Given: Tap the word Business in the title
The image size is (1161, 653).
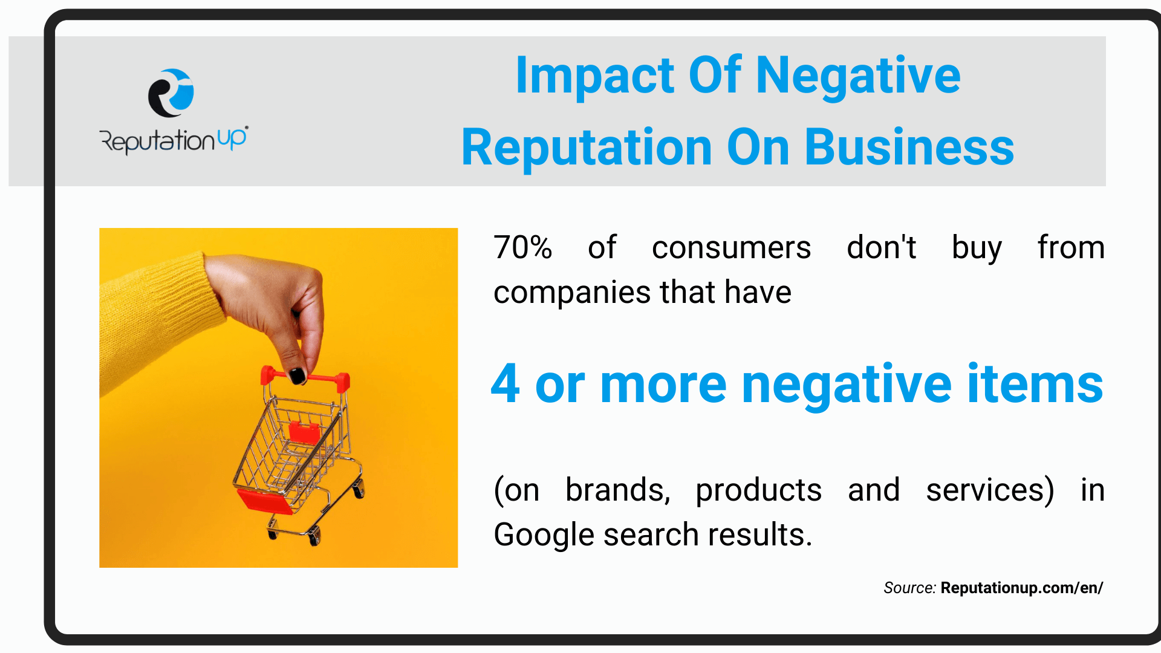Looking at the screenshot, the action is coord(909,148).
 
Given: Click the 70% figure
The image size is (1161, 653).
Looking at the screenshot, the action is coord(522,248).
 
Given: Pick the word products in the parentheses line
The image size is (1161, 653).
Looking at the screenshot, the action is coord(758,491).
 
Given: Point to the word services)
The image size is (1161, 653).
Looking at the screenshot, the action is coord(990,490).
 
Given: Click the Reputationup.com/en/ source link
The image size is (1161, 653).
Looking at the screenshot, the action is coord(1022,588).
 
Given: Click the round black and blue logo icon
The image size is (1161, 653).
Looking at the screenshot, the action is coord(171,93).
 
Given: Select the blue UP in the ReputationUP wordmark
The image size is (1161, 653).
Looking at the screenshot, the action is coord(232,139).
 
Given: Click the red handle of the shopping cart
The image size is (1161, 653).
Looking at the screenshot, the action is coord(305,378).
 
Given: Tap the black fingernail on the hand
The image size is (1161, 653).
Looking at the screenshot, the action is coord(297,375).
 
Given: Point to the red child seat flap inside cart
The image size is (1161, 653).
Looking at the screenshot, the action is coord(304,432).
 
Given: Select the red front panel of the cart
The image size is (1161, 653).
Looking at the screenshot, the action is coord(265,501).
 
